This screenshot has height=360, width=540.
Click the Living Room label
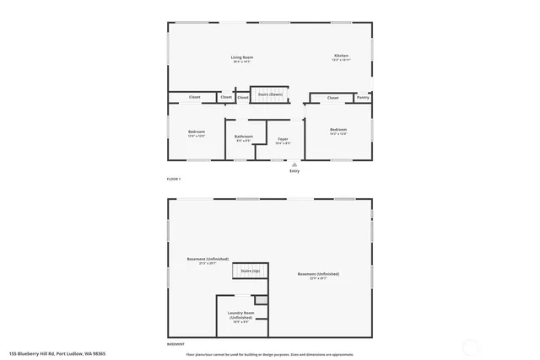[x=242, y=57]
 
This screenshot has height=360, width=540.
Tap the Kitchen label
[x=340, y=56]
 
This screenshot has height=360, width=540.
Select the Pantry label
[x=363, y=98]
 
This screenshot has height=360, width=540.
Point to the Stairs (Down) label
[x=270, y=94]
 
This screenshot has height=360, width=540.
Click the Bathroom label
[x=244, y=136]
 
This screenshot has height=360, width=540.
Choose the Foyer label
[x=283, y=138]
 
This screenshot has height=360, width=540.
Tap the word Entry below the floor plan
[x=294, y=171]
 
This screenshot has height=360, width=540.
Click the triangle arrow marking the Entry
[x=294, y=164]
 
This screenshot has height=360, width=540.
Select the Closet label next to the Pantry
[x=332, y=98]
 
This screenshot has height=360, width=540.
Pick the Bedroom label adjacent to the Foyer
[x=338, y=129]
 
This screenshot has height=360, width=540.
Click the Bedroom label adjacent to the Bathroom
[x=197, y=131]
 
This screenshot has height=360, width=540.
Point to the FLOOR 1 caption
[x=174, y=180]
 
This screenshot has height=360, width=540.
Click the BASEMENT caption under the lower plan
[x=175, y=344]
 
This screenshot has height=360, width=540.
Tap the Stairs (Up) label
[x=251, y=271]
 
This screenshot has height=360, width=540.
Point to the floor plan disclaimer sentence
[x=270, y=354]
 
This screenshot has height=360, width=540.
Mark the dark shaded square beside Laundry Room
[x=262, y=299]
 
